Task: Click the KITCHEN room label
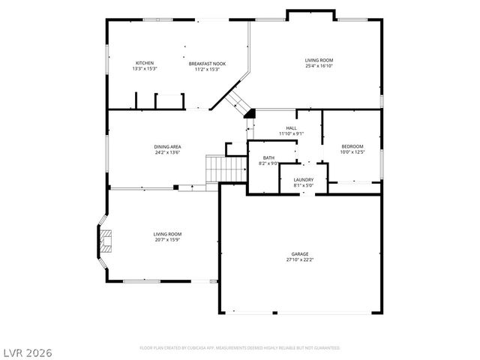point(144,63)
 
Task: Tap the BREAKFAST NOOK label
point(207,64)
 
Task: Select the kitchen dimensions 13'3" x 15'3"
point(144,69)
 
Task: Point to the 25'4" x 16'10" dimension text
point(319,66)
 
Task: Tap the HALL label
point(291,128)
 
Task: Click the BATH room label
point(268,157)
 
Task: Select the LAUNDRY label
point(303,179)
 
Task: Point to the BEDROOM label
point(352,146)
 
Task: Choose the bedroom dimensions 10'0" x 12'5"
point(352,152)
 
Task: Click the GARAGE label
point(299,254)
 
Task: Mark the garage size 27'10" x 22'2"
point(299,260)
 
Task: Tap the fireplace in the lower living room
point(104,240)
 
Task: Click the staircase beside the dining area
point(216,169)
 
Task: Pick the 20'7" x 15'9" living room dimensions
point(167,240)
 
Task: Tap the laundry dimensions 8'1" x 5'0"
point(303,185)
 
